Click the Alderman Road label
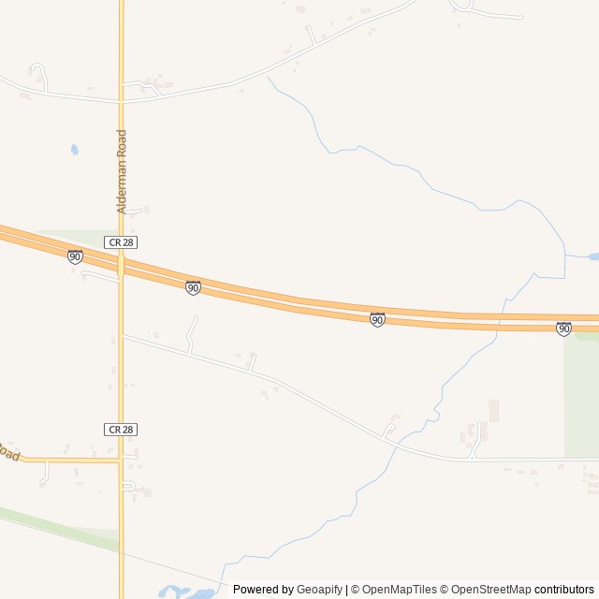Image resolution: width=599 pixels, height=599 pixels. pos(122,171)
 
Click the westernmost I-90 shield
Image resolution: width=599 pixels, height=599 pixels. pos(75,256)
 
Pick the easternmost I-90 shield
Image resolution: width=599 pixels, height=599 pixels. pos(563,329)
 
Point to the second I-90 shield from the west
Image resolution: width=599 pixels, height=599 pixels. pos(193,288)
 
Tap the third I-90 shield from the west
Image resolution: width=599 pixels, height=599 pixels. pos(377,320)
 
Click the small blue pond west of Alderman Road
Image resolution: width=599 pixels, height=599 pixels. pos(74,149)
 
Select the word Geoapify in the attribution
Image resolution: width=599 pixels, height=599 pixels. pos(320,590)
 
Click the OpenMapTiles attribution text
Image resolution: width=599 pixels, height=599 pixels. pos(399,590)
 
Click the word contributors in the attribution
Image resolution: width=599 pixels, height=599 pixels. pos(564,590)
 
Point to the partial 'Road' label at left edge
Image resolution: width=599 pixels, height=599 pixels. pos(8,452)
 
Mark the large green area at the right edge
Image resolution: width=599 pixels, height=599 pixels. pos(580,398)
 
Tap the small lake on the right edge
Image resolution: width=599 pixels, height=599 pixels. pos(592,256)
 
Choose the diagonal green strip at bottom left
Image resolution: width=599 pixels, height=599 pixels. pos(56,525)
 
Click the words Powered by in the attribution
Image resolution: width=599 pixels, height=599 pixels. pos(263,590)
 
